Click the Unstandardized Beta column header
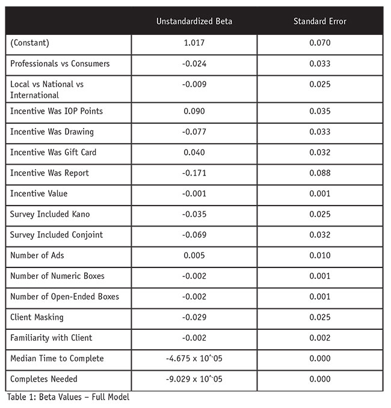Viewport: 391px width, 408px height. (194, 21)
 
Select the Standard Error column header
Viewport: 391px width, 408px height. (319, 21)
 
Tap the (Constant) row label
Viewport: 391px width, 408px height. (29, 43)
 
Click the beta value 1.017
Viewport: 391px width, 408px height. (194, 43)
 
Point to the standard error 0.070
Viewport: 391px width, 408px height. (319, 43)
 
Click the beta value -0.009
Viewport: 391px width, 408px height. (194, 84)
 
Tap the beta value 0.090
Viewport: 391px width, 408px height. (194, 111)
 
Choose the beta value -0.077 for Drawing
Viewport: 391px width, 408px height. (194, 132)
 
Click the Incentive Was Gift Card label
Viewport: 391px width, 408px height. (53, 153)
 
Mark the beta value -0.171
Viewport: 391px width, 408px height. (194, 173)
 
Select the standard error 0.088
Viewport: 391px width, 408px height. (319, 173)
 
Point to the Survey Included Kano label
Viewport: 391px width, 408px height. (51, 214)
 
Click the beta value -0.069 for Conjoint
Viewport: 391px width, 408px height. (194, 235)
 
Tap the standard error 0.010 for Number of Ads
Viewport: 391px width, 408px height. (319, 255)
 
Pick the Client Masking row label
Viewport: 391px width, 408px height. (37, 317)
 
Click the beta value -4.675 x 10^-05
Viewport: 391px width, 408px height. (194, 359)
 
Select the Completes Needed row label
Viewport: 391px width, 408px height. (43, 379)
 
